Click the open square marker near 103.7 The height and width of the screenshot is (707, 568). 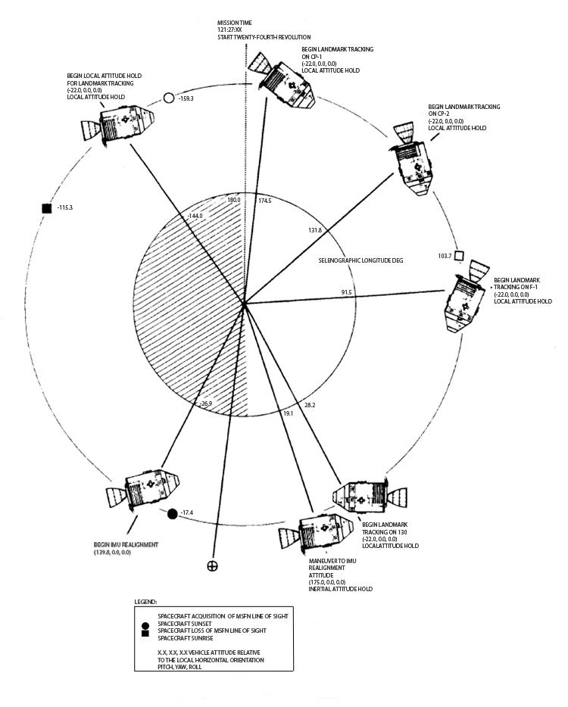pyautogui.click(x=458, y=256)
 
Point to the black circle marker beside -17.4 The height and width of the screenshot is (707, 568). pyautogui.click(x=172, y=514)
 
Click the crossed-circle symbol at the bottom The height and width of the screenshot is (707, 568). pyautogui.click(x=214, y=565)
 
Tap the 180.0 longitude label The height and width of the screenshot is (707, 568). pyautogui.click(x=234, y=200)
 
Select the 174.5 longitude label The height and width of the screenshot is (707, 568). pyautogui.click(x=264, y=201)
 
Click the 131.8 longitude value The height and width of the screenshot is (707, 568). pyautogui.click(x=315, y=229)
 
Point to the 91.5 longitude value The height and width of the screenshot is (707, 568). pyautogui.click(x=347, y=291)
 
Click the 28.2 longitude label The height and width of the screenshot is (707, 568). pyautogui.click(x=310, y=405)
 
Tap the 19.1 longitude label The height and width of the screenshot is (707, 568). pyautogui.click(x=288, y=413)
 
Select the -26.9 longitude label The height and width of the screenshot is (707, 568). pyautogui.click(x=204, y=404)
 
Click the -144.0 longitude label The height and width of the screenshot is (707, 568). pyautogui.click(x=195, y=216)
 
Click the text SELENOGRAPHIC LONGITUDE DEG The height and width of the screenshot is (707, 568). pyautogui.click(x=360, y=260)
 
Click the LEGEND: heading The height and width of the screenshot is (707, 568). pyautogui.click(x=146, y=602)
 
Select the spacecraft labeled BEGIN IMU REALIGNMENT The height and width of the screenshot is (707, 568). pyautogui.click(x=144, y=489)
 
